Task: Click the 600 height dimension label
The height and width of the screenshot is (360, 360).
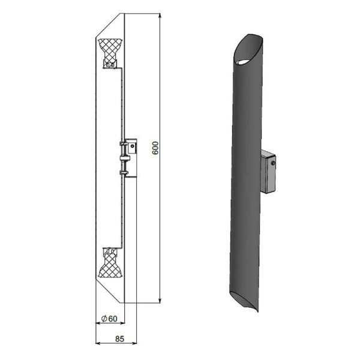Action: [x=155, y=148]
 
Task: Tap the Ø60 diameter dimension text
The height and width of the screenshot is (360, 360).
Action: [x=109, y=319]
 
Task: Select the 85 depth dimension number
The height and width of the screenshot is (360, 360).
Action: [x=119, y=338]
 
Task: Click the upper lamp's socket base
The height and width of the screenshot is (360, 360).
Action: [x=110, y=65]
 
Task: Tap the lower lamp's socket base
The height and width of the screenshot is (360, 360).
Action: [x=110, y=251]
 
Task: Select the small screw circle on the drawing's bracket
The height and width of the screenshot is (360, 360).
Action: [x=132, y=146]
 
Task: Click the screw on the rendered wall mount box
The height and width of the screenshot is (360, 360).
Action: [x=273, y=163]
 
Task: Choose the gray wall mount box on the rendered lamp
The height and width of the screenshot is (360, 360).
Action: [x=268, y=172]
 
